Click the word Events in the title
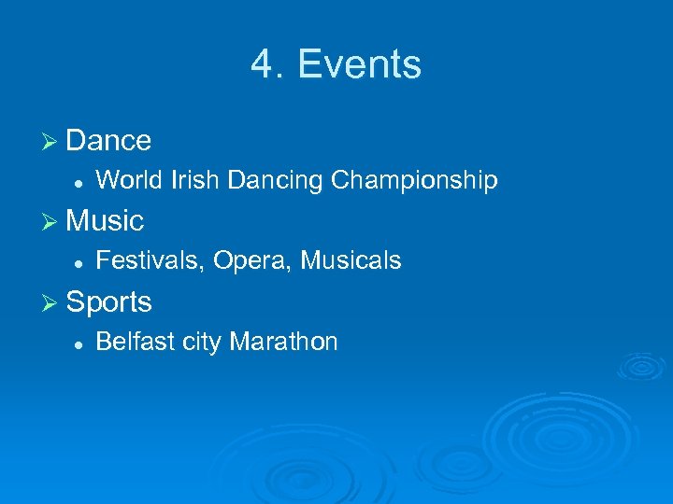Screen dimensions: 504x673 [360, 65]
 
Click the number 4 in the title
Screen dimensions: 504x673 [261, 65]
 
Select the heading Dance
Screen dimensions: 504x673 [108, 141]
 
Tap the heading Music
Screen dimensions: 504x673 [105, 221]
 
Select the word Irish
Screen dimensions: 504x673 [193, 180]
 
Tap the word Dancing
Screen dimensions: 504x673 [273, 181]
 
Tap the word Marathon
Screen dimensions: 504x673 [283, 343]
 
